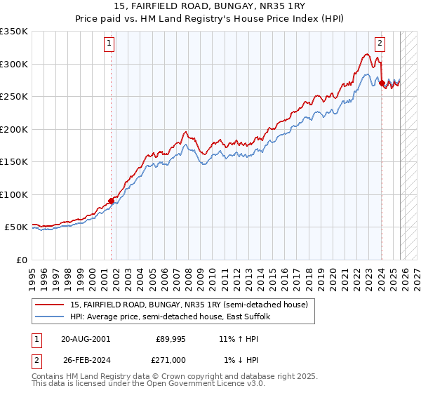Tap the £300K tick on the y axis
14,64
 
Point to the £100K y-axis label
14,194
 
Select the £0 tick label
21,260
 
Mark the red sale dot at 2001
111,201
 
